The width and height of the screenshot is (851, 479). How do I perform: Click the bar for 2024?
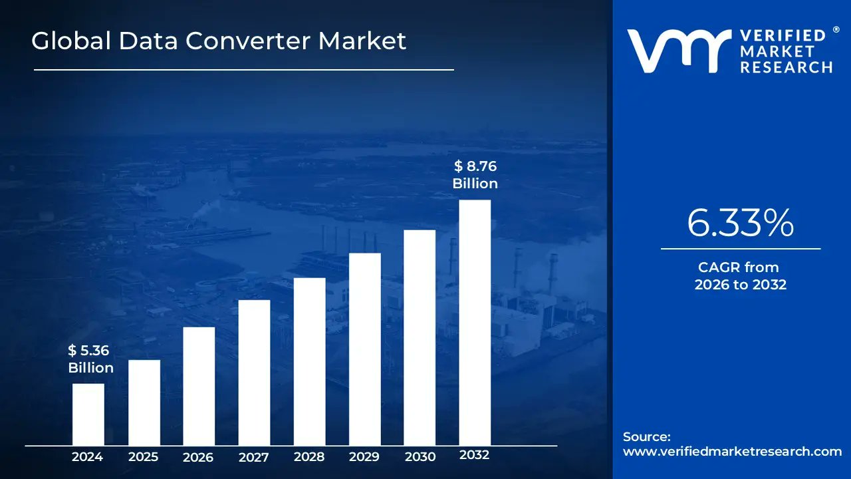coord(88,414)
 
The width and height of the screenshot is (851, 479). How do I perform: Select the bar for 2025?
coord(144,402)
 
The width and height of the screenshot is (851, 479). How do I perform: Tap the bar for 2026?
coord(199,386)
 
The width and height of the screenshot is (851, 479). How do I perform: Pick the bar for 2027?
coord(254,373)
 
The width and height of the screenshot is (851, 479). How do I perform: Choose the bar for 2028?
coord(310,361)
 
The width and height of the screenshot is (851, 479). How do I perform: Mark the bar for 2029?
coord(365,349)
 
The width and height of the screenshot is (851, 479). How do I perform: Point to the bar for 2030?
coord(420,337)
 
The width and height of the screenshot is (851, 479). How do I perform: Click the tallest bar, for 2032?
coord(475,323)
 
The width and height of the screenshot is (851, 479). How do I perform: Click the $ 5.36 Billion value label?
coord(90,359)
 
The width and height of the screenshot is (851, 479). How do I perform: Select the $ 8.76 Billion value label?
coord(475,175)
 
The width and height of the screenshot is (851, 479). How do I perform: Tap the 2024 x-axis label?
coord(88,457)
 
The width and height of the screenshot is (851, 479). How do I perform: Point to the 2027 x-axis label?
coord(254,457)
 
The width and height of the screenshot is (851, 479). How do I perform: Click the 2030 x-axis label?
coord(420,457)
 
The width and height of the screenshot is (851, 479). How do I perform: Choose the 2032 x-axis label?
coord(475,456)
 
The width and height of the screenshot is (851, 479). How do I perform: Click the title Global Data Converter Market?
coord(219,41)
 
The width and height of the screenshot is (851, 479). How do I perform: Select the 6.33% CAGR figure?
coord(740,224)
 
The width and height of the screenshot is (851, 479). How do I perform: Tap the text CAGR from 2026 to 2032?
coord(740,276)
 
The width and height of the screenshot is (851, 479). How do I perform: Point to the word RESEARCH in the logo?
coord(786,67)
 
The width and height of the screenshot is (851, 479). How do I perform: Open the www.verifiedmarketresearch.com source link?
coord(732,451)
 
